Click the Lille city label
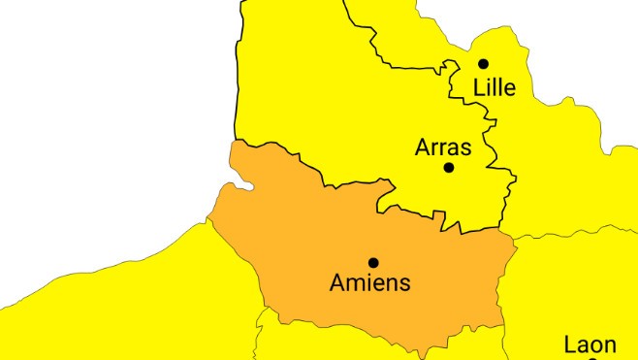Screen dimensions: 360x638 494,88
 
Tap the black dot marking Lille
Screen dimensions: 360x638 483,64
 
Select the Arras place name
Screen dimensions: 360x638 443,147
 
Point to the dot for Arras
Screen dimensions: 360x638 449,167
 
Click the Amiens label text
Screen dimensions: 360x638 370,283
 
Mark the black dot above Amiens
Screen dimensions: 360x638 373,262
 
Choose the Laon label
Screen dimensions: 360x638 590,344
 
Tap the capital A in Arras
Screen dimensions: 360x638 423,147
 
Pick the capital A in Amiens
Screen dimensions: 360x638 337,283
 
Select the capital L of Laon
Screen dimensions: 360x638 570,344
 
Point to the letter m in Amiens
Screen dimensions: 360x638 356,284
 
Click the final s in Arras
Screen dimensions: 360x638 465,149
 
